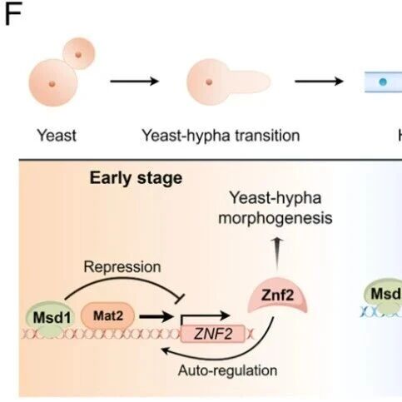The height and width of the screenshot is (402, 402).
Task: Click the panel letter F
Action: (13, 15)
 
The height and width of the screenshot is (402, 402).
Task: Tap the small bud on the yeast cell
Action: (79, 53)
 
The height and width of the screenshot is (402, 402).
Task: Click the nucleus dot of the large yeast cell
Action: (52, 84)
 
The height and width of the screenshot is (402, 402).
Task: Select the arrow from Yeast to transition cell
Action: (134, 82)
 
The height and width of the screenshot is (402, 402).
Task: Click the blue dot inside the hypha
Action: (383, 82)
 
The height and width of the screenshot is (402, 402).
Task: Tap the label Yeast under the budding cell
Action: (57, 136)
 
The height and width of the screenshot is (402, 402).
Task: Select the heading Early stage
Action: (136, 178)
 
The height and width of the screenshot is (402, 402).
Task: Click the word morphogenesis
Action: (275, 218)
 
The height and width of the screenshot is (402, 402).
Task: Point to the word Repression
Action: (122, 267)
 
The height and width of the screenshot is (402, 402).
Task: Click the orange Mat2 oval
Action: (108, 316)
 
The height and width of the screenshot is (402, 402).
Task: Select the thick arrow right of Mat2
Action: (156, 316)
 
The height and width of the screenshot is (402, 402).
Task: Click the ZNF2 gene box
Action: (213, 334)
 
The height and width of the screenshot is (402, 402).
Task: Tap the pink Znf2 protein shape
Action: (277, 295)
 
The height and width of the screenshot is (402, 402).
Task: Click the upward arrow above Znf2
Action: (277, 253)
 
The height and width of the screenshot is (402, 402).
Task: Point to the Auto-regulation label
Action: (227, 370)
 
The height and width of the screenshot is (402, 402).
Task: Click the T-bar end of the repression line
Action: (180, 299)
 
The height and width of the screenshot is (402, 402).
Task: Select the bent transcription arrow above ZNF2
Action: (206, 315)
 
